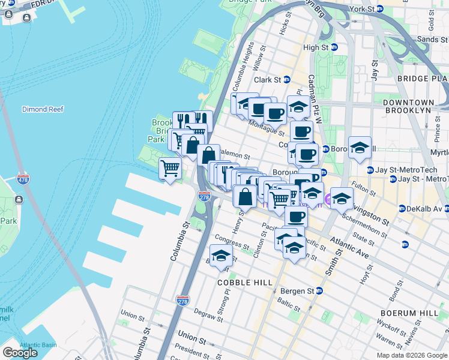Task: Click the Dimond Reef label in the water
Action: [x=43, y=109]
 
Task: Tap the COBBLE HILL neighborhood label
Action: [x=245, y=282]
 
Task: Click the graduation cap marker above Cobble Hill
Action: [x=221, y=256]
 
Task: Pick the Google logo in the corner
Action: [x=20, y=353]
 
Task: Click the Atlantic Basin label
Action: [x=37, y=345]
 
